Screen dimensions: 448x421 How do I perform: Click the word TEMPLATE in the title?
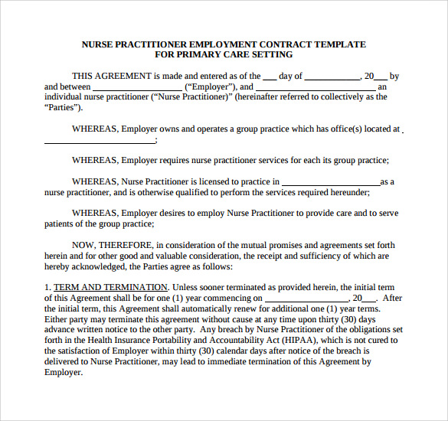(x=337, y=44)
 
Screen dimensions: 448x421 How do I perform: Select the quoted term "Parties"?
(x=63, y=108)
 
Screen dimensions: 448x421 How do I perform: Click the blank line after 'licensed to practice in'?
(x=331, y=182)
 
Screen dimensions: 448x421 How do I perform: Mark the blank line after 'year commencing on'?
(x=306, y=298)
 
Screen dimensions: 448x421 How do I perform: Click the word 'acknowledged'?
(x=95, y=266)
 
